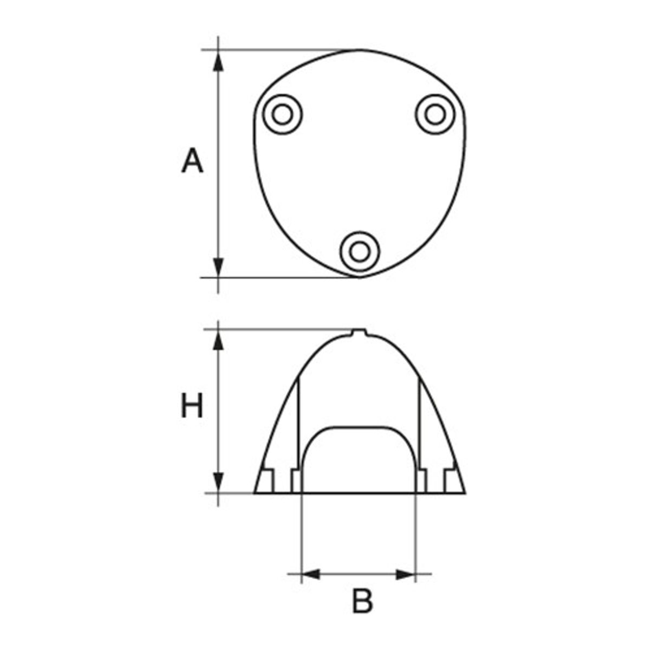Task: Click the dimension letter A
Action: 192,161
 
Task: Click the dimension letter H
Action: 192,407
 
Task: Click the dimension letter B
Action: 362,601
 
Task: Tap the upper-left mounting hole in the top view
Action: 282,114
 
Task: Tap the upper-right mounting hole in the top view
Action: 434,114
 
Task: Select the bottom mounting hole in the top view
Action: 360,251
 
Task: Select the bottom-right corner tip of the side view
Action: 464,492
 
